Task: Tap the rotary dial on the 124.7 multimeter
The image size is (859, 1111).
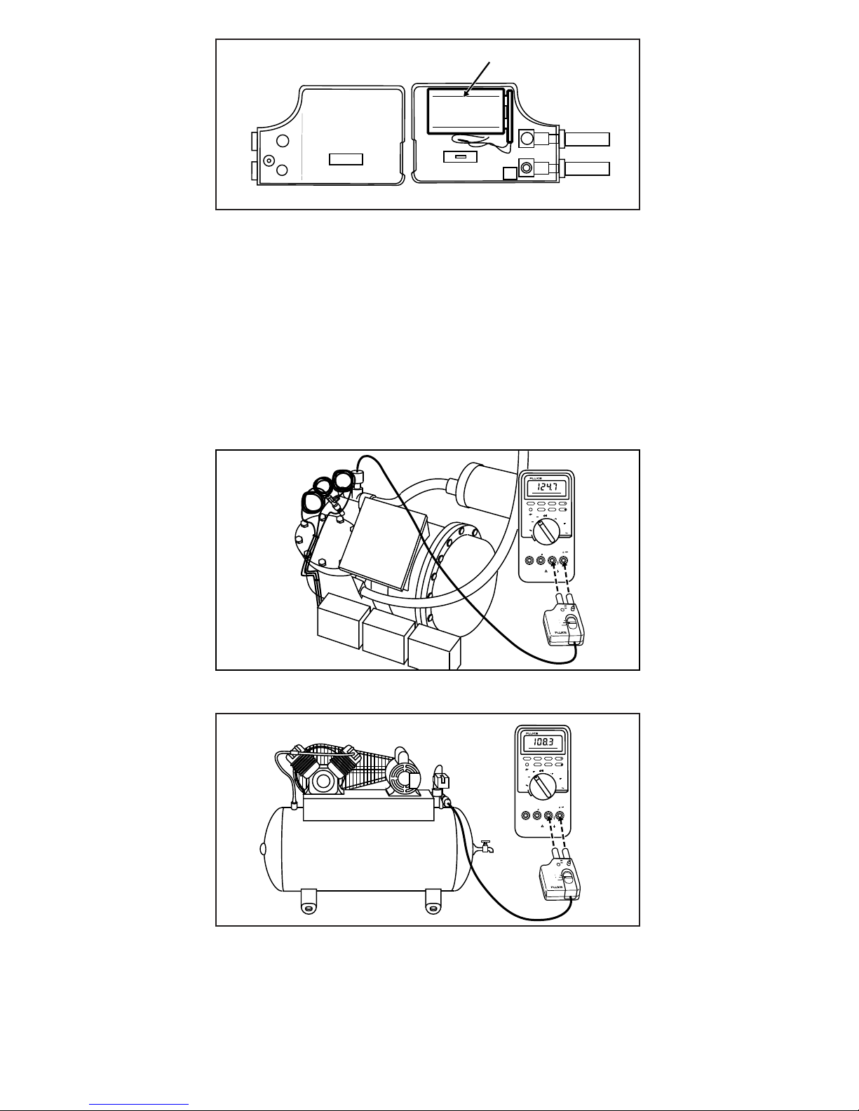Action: (x=545, y=532)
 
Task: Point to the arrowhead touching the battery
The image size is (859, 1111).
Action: (x=466, y=95)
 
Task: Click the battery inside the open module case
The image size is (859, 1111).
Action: (x=465, y=110)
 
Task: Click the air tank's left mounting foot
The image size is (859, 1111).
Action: (x=307, y=902)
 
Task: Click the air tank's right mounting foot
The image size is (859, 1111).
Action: (x=433, y=902)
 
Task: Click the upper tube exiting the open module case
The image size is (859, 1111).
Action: (x=587, y=139)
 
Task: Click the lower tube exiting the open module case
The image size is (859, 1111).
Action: (x=587, y=168)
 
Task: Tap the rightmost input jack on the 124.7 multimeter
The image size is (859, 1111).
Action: (x=563, y=560)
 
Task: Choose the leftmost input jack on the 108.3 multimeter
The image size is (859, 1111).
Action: (x=527, y=816)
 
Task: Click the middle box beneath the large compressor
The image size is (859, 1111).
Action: (x=385, y=634)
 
